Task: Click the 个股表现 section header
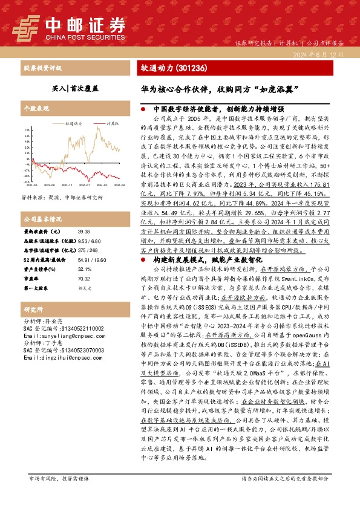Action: (x=36, y=110)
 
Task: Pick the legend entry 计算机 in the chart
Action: (x=112, y=123)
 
